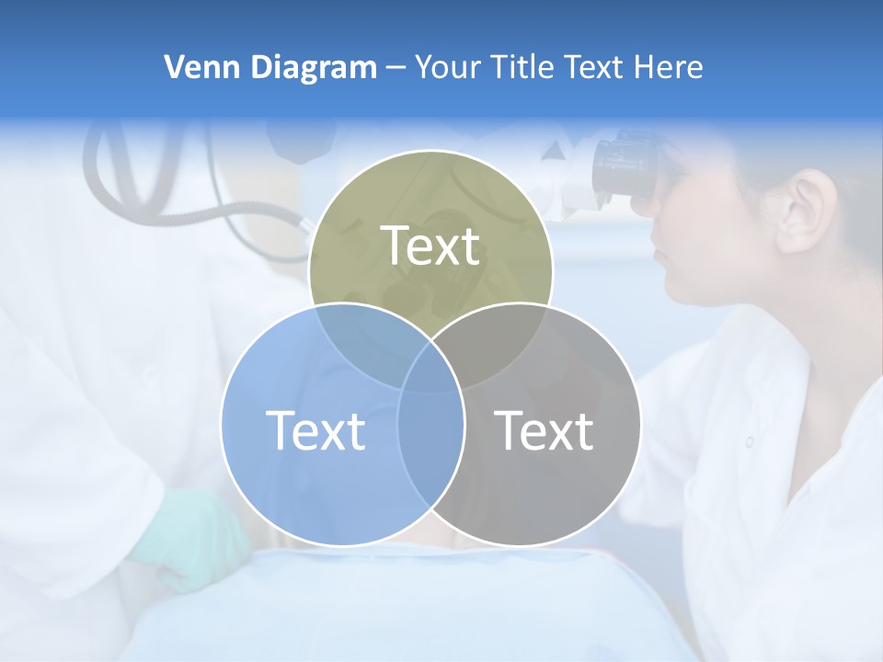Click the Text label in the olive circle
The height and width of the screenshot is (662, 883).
[x=430, y=245]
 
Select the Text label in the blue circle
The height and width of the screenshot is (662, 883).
[x=315, y=429]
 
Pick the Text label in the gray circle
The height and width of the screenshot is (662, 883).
[x=544, y=429]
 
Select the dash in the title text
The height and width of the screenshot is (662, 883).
[x=396, y=68]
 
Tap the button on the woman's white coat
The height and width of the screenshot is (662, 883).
[x=750, y=441]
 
